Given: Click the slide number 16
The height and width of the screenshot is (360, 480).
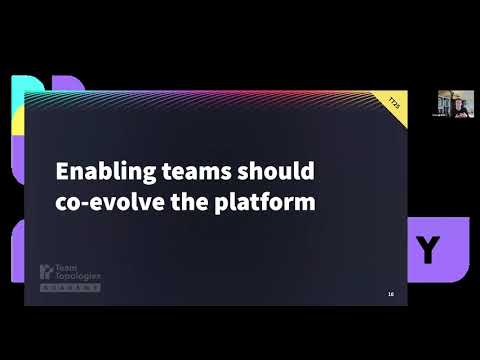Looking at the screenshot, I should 390,293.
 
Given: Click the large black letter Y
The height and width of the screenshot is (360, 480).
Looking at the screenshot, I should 428,250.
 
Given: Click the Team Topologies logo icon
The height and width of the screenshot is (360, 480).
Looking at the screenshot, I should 43,272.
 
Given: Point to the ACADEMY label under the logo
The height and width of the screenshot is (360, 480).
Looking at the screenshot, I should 70,287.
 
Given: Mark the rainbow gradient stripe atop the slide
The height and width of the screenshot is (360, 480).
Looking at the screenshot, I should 200,97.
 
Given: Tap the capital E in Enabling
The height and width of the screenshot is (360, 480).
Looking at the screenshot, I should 61,170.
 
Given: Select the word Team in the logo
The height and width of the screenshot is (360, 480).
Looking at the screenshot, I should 63,268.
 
